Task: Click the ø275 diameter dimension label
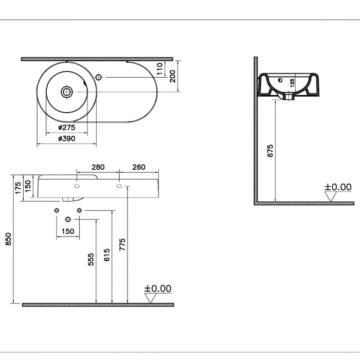66,127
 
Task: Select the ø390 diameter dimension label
66,139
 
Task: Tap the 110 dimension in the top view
159,68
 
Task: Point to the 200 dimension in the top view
173,76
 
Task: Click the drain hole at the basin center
66,92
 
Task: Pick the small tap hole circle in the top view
99,77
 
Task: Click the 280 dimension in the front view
98,167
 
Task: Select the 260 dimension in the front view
139,167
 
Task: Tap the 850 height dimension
8,239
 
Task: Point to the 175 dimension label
18,188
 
